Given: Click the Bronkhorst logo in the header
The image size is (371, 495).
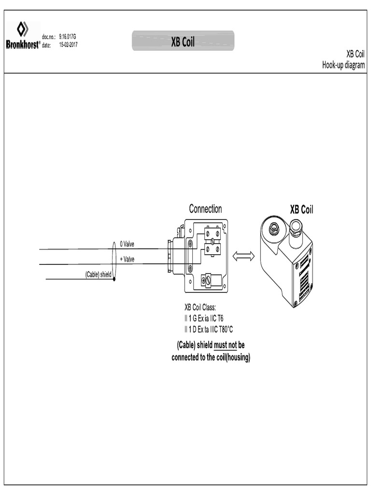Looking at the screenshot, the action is coord(23,35).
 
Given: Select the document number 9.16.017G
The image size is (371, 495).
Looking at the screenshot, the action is coord(67,37).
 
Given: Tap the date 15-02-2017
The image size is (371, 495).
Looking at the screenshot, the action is coord(68,44).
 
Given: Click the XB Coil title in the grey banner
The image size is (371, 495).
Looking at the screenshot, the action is coord(183,43).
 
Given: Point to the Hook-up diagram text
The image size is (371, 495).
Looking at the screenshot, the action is coord(343,65).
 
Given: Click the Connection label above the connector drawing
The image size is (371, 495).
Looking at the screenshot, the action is coord(205,209).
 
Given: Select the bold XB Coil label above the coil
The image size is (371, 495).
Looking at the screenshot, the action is coord(301,210).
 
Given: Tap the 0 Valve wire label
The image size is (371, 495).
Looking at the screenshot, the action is coord(127,244).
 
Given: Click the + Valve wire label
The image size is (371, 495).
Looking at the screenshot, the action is coord(127,259).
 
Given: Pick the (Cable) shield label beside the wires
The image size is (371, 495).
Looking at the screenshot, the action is coord(98,275).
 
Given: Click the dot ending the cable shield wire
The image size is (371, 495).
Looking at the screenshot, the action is coord(114,279).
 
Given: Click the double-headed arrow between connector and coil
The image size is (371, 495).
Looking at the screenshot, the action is coord(243,257).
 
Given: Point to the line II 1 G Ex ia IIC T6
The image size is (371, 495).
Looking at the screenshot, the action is coord(204,318).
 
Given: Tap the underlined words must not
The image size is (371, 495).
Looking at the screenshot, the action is coord(225,346).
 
